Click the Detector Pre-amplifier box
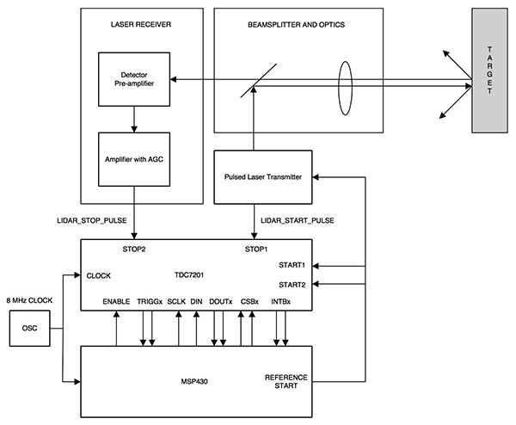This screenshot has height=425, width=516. pyautogui.click(x=134, y=79)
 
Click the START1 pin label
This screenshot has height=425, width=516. pyautogui.click(x=293, y=266)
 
